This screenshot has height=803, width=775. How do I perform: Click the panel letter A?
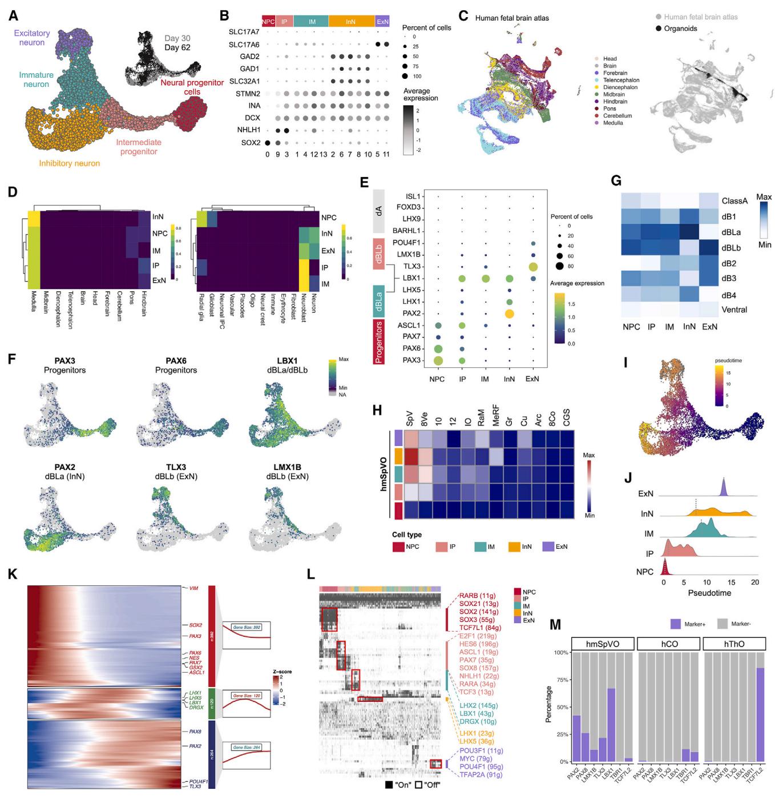[13, 15]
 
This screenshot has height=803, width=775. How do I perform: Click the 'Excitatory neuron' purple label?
[32, 38]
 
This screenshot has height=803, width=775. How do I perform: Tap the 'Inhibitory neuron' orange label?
[69, 163]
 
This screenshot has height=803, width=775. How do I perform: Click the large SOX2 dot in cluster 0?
[268, 142]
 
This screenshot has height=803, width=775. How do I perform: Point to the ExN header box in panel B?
[382, 22]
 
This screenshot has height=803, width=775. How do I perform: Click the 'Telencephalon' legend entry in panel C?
[621, 81]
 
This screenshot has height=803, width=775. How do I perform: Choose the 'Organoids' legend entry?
[680, 29]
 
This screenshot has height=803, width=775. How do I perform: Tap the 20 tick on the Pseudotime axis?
[754, 583]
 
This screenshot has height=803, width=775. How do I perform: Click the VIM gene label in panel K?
[194, 588]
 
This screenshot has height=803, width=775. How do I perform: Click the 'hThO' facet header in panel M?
[734, 644]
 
